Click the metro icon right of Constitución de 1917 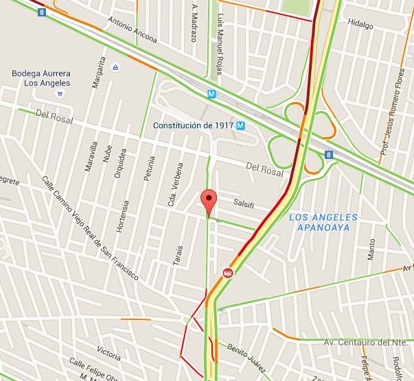click(240, 126)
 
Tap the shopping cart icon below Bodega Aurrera click(60, 93)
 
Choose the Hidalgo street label click(360, 25)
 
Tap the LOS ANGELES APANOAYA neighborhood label click(323, 222)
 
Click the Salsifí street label click(244, 204)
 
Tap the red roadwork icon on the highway click(227, 273)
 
